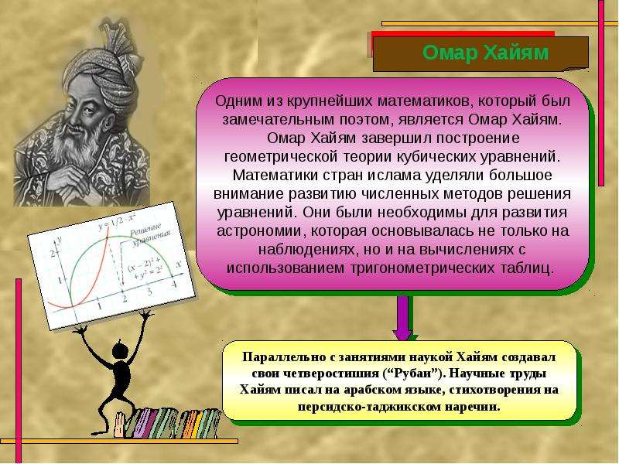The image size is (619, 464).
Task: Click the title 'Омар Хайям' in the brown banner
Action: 485,53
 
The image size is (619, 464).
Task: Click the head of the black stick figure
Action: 121,351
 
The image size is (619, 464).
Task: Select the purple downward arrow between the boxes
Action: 402,318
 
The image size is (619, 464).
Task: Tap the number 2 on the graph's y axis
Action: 53,253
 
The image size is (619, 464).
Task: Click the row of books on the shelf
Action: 169,423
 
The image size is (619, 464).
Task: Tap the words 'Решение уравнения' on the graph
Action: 150,234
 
